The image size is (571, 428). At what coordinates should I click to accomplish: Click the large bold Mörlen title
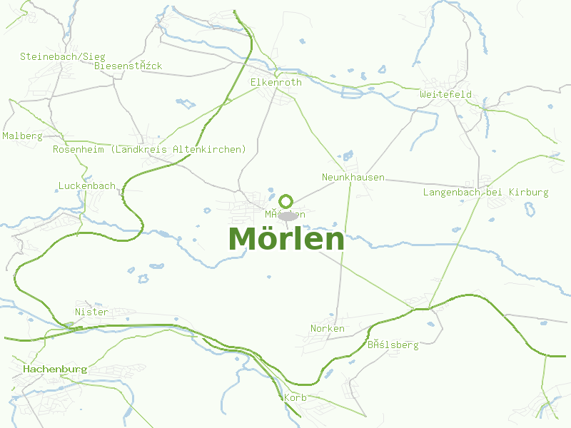tap(286, 239)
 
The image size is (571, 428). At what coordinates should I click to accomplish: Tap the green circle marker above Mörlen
tap(286, 201)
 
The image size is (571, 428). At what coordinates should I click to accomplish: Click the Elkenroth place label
tap(276, 83)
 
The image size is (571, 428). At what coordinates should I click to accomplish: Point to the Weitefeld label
tap(445, 95)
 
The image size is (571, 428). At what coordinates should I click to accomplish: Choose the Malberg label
tap(23, 136)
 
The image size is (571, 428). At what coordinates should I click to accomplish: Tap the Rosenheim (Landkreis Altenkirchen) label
tap(149, 150)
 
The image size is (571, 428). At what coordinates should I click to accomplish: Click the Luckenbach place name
tap(86, 186)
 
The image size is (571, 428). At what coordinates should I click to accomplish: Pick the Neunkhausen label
tap(353, 177)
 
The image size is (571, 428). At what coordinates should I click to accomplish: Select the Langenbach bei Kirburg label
tap(485, 193)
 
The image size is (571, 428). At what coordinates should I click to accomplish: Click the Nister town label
tap(91, 312)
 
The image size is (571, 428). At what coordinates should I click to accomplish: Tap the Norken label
tap(328, 329)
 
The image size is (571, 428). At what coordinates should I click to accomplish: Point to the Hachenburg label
tap(55, 370)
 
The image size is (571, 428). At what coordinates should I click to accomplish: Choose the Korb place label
tap(295, 397)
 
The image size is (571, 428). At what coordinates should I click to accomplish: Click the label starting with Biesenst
tap(128, 66)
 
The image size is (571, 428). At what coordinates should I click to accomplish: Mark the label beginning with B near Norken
tap(393, 345)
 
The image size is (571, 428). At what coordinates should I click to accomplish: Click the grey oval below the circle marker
tap(288, 216)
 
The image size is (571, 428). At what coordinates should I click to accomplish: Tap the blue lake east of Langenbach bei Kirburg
tap(530, 209)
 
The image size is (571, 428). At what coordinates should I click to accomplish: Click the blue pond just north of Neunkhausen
tap(348, 156)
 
